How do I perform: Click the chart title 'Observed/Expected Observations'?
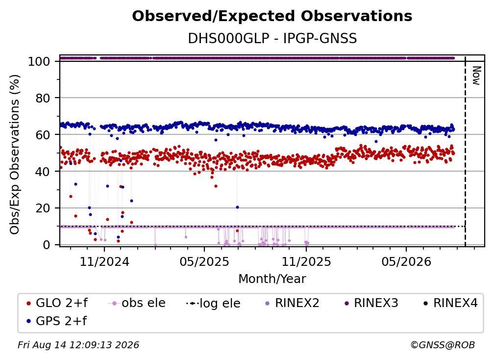[272, 16]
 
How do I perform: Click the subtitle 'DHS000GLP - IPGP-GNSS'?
[272, 39]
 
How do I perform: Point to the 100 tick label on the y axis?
[39, 61]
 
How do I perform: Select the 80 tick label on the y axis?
[43, 98]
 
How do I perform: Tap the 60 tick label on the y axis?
[43, 135]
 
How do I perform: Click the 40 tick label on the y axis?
[43, 172]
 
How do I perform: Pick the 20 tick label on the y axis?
[43, 208]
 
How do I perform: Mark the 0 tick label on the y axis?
[46, 245]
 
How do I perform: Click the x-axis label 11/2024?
[104, 261]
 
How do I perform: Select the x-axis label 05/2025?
[204, 261]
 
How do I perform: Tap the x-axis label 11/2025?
[306, 261]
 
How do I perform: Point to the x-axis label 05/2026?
[406, 261]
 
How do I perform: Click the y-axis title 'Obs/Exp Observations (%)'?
[15, 154]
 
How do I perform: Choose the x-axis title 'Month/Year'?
[272, 279]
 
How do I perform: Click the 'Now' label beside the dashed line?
[476, 76]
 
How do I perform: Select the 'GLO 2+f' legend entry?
[57, 303]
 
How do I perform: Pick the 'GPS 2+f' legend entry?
[57, 321]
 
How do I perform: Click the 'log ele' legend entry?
[214, 303]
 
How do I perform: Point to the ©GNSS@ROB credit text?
[443, 345]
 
